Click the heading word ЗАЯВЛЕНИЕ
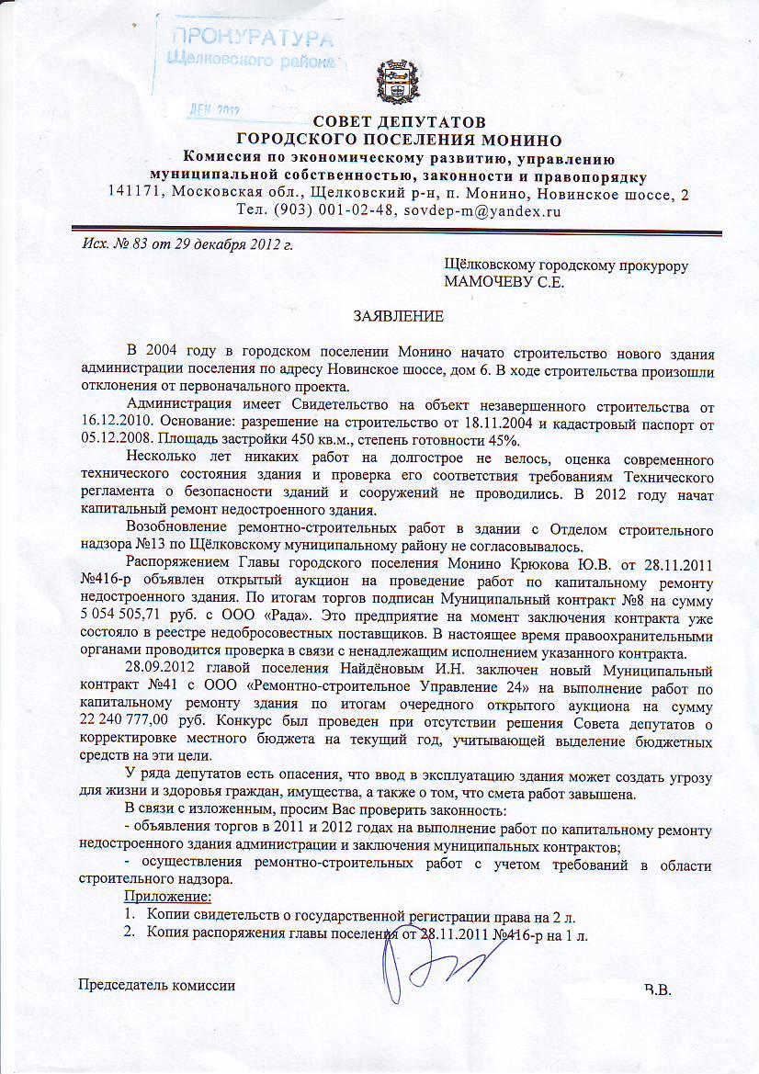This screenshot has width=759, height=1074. pos(400,317)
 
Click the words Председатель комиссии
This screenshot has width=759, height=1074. pos(156,985)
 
